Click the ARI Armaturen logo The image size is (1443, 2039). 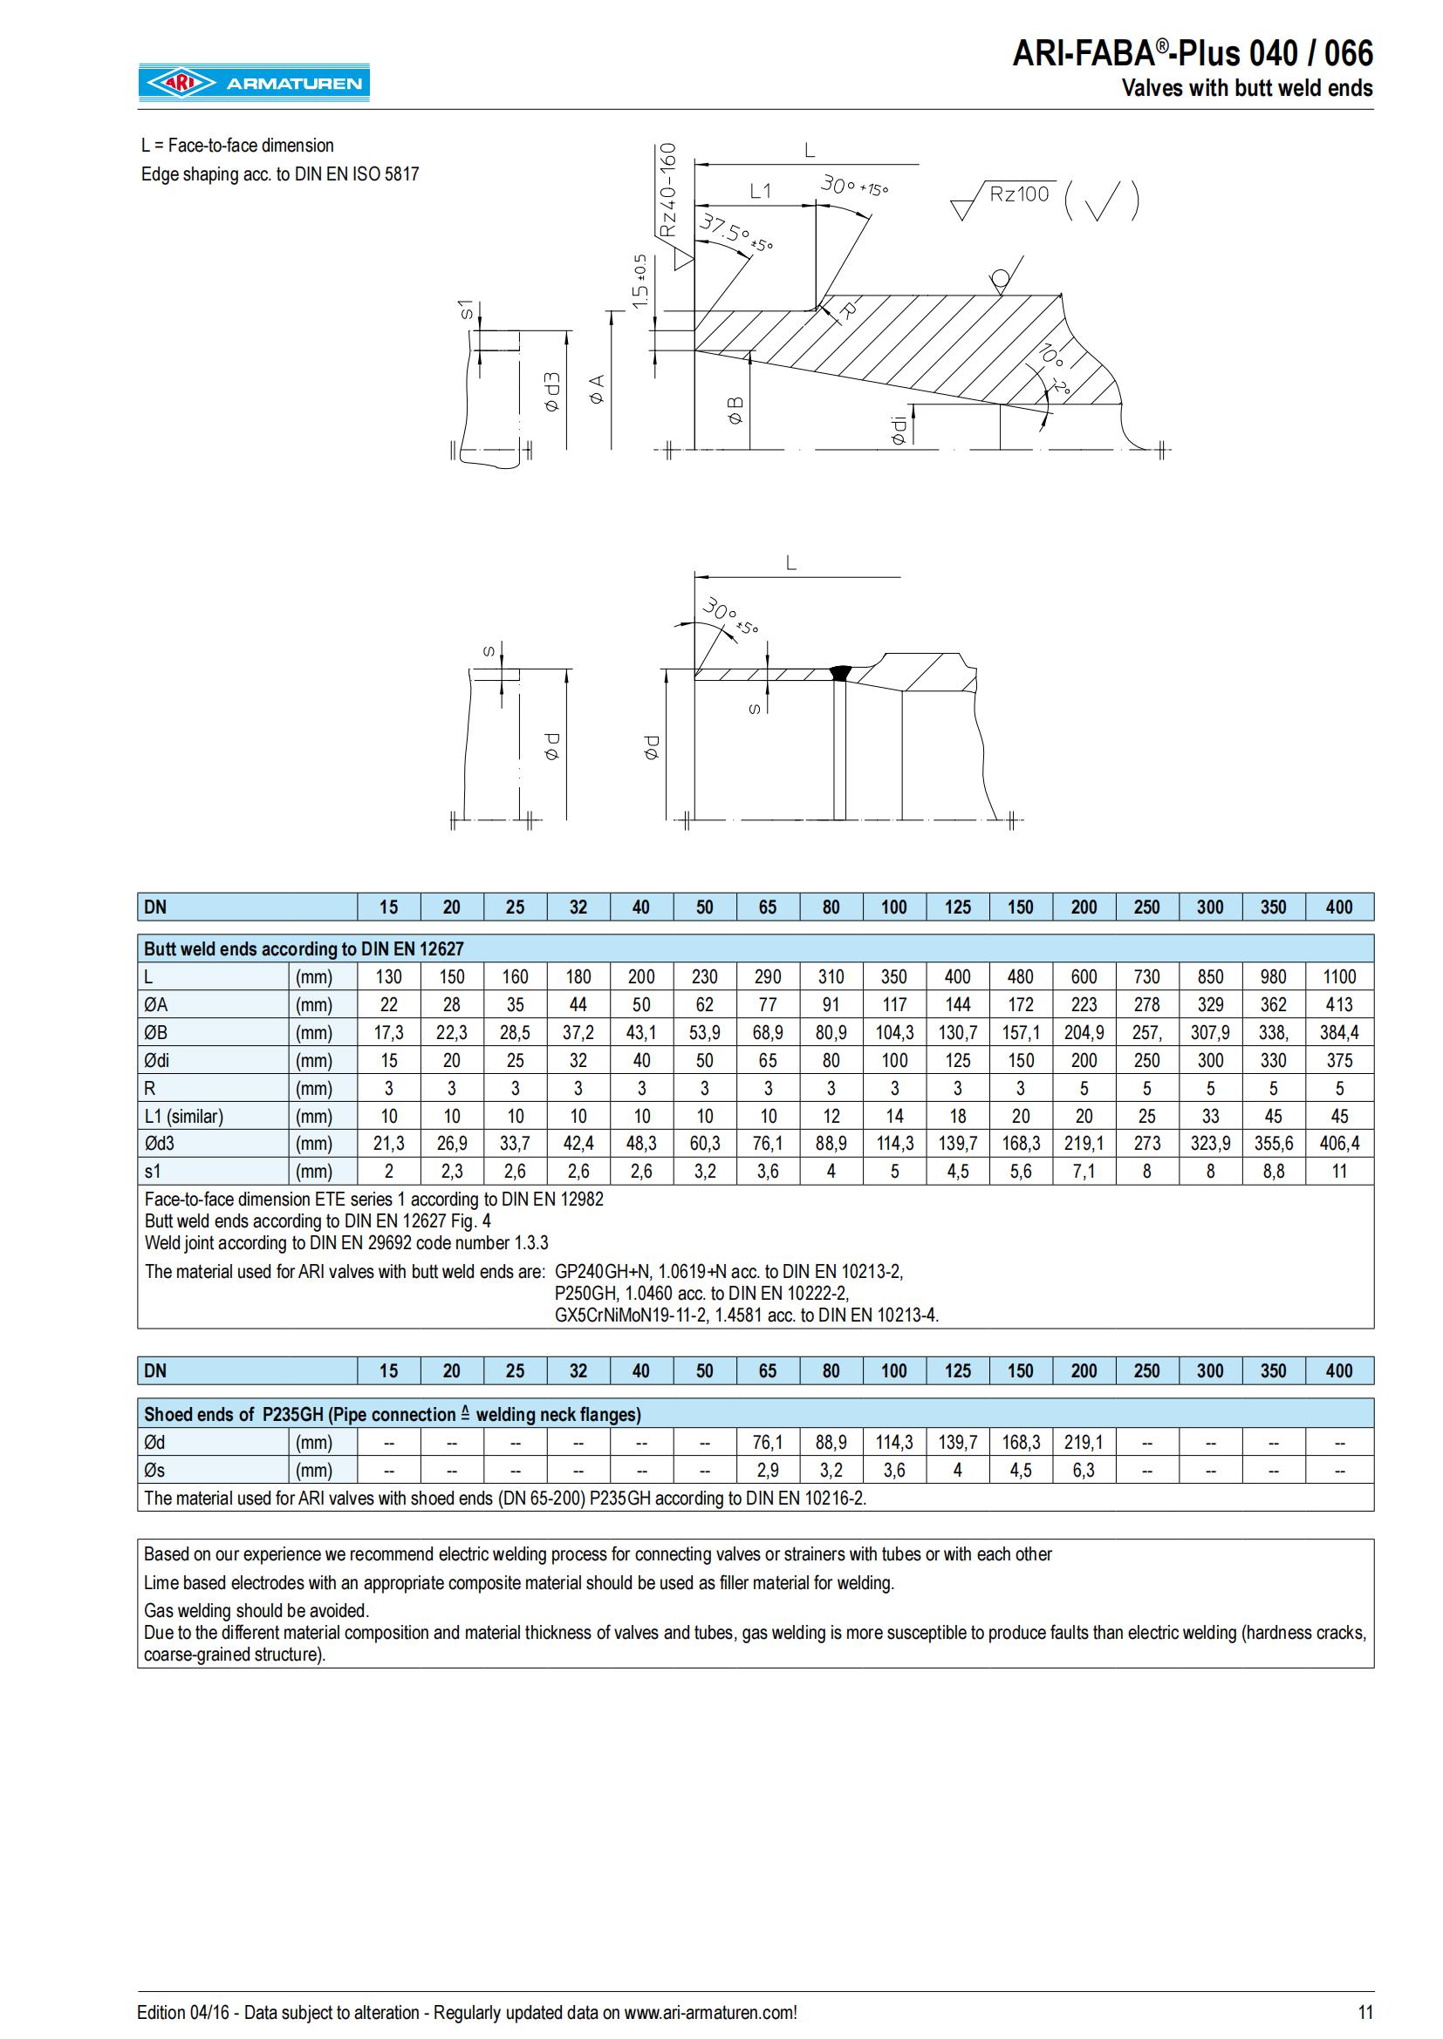(253, 83)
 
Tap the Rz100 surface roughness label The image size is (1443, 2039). (1018, 194)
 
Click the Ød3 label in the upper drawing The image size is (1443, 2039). (551, 391)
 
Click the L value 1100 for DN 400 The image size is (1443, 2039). (1339, 977)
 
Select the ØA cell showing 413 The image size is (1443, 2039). (1339, 1004)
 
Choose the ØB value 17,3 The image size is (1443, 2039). (388, 1032)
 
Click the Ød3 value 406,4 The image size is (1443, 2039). (1339, 1143)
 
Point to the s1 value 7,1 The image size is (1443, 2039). (1084, 1172)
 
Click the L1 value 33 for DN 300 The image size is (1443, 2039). (1210, 1117)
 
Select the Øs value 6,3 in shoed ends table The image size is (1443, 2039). (1084, 1470)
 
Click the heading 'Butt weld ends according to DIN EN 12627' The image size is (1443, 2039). (304, 948)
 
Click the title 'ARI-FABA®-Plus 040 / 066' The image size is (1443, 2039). (1193, 53)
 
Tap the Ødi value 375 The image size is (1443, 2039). (1339, 1060)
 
